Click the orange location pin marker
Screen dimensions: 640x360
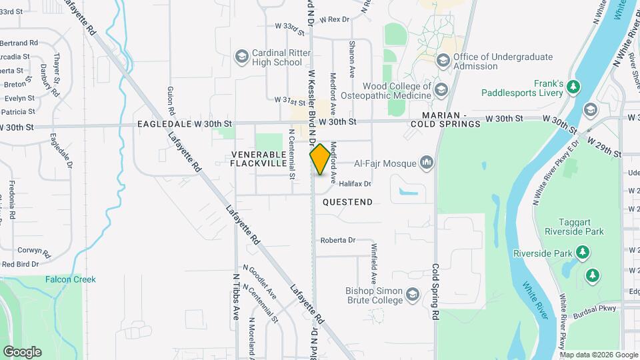321,159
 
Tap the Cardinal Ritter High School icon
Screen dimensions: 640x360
240,57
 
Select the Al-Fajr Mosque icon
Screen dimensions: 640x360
427,163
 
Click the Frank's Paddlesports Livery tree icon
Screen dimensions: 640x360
574,87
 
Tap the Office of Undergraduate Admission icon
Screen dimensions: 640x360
442,61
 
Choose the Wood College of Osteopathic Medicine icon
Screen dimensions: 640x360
440,90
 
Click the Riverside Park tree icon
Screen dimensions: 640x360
583,253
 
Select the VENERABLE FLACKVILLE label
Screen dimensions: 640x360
259,159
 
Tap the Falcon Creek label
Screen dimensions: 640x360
71,279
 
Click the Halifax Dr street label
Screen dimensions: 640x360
355,183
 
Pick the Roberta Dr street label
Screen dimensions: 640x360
338,240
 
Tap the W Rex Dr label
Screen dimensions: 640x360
335,19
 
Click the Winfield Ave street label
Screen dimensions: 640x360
374,266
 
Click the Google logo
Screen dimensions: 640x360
22,351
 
